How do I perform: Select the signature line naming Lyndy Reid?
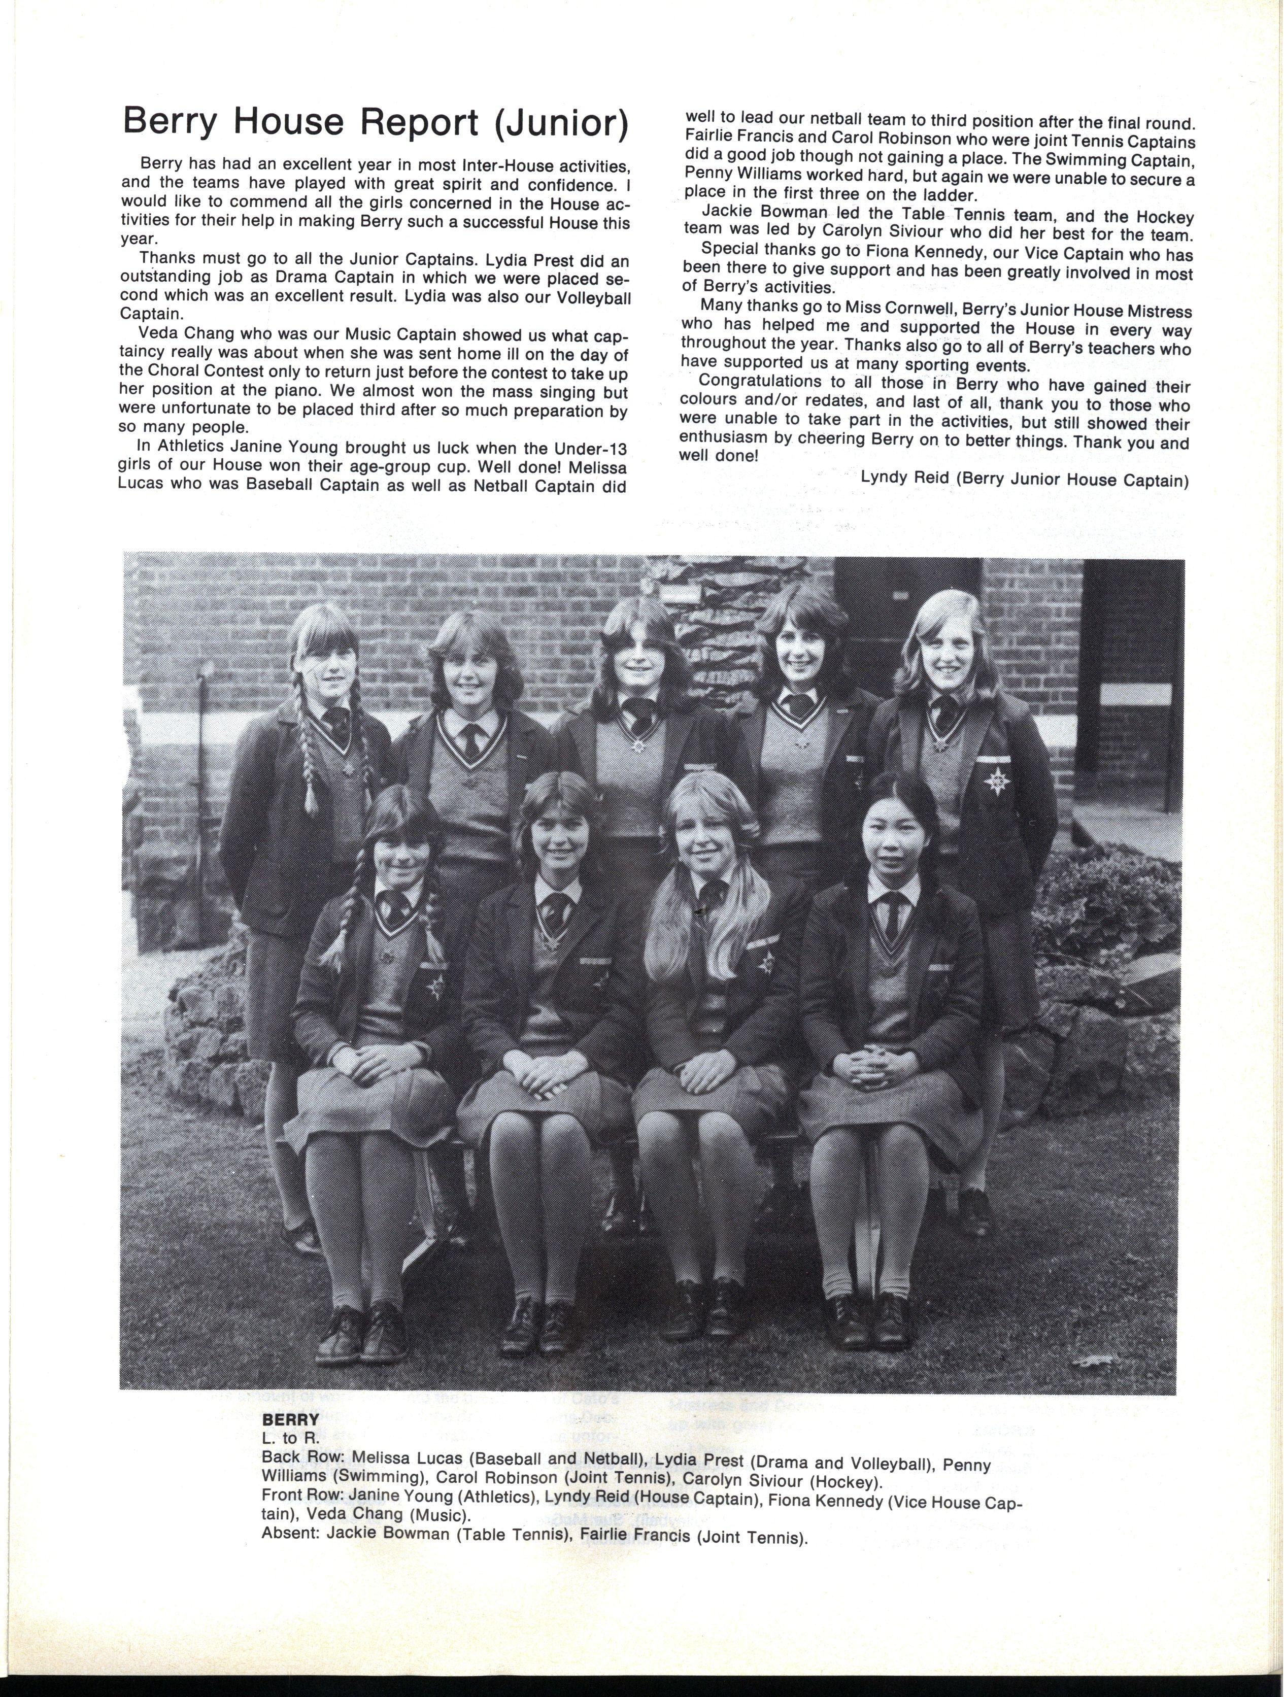click(x=1024, y=479)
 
